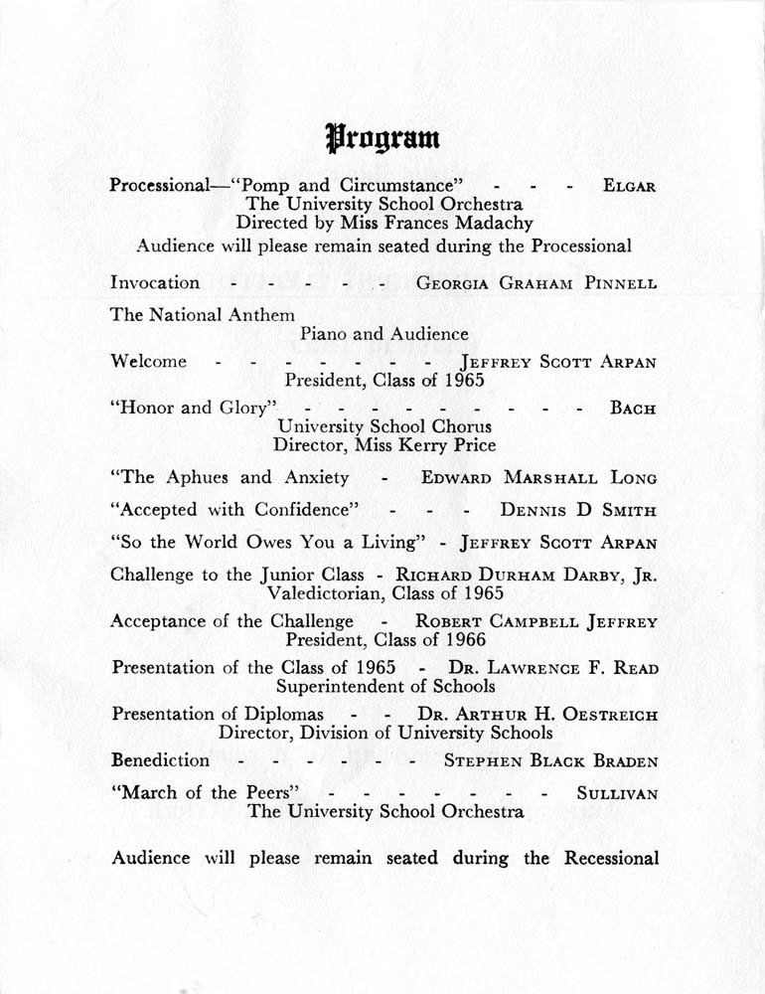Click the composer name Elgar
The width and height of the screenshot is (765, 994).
point(629,187)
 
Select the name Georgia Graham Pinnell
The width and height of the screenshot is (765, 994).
point(535,283)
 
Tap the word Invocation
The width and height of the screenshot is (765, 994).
point(155,282)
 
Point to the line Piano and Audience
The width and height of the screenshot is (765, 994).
point(383,334)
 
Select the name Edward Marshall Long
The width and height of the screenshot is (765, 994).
point(538,478)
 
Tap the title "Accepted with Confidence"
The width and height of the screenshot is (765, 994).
point(234,510)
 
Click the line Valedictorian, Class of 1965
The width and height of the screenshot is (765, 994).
point(385,593)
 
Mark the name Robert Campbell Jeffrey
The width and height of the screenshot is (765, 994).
point(535,623)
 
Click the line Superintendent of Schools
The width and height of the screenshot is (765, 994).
point(385,686)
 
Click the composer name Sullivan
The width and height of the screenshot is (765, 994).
point(616,793)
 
